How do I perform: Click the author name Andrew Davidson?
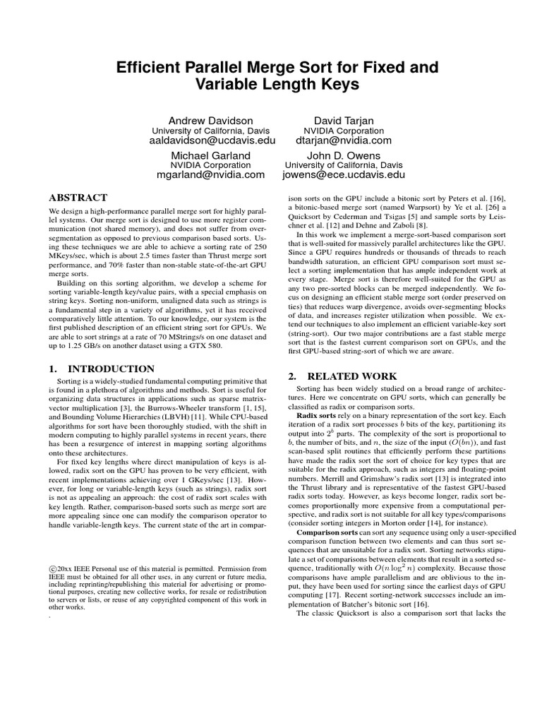pyautogui.click(x=210, y=121)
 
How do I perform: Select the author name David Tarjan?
pyautogui.click(x=342, y=121)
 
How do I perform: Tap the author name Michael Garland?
pyautogui.click(x=210, y=155)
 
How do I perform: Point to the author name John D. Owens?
pyautogui.click(x=344, y=155)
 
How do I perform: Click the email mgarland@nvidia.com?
pyautogui.click(x=210, y=174)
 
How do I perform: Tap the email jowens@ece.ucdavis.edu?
pyautogui.click(x=344, y=174)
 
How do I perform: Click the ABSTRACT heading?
pyautogui.click(x=78, y=198)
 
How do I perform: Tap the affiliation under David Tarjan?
pyautogui.click(x=342, y=131)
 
